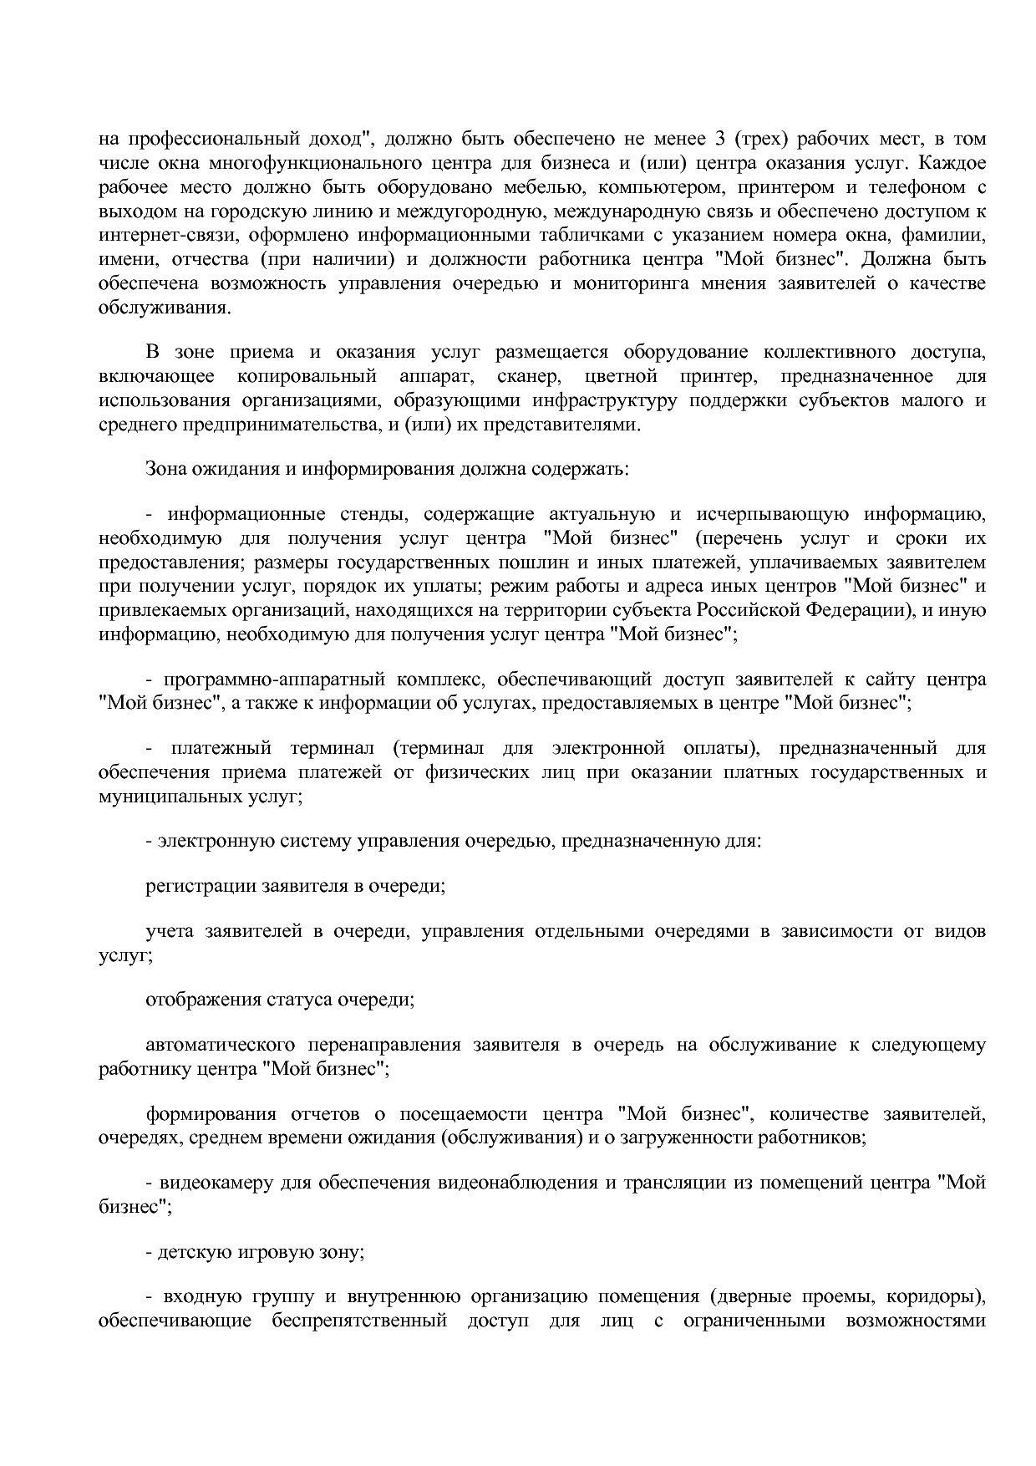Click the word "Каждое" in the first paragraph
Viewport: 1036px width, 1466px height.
tap(952, 162)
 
